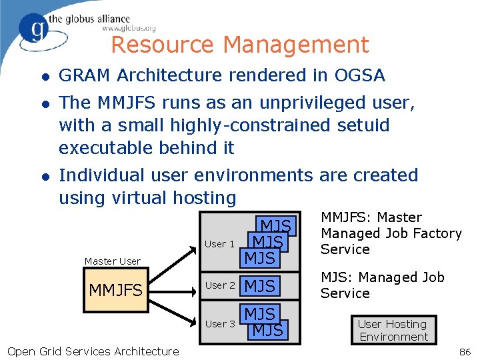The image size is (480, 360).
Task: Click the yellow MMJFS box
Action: [115, 291]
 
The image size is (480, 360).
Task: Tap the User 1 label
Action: [219, 244]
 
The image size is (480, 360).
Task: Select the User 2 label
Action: [219, 285]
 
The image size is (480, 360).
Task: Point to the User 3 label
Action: [219, 324]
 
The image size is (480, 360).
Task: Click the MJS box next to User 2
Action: [260, 286]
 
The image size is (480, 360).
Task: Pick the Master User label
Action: [112, 261]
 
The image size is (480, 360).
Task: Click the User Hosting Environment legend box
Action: [393, 330]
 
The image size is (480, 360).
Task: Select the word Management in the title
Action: [295, 45]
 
